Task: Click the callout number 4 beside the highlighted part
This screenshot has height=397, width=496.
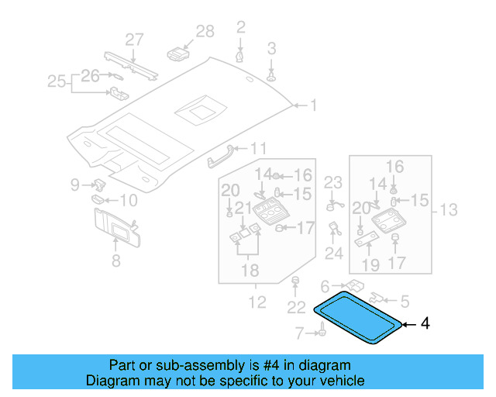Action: click(x=424, y=324)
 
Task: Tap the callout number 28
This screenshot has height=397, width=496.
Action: click(x=205, y=32)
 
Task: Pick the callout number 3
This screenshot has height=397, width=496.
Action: click(x=271, y=49)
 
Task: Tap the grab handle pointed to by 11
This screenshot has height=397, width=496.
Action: click(x=220, y=154)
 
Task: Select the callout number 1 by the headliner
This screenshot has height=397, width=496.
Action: click(x=313, y=105)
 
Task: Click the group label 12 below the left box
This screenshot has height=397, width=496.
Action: click(x=257, y=302)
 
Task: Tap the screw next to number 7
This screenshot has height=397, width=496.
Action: click(x=320, y=333)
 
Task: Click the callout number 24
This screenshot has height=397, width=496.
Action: click(x=333, y=254)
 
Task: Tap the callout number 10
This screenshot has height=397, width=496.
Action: click(x=127, y=201)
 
